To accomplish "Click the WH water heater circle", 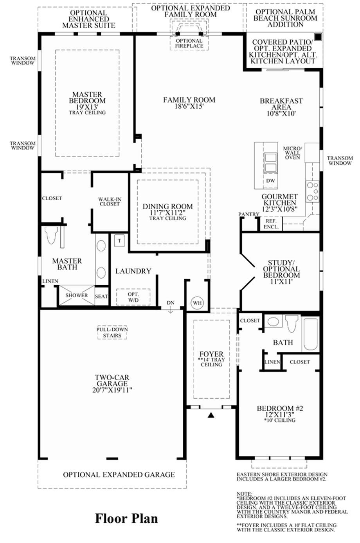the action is pyautogui.click(x=197, y=303).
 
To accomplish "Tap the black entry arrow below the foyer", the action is pyautogui.click(x=211, y=415).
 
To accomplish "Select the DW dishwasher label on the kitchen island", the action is pyautogui.click(x=270, y=180).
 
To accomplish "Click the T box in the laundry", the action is pyautogui.click(x=119, y=241).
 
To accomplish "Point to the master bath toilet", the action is pyautogui.click(x=51, y=235).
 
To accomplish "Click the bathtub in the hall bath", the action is pyautogui.click(x=311, y=334).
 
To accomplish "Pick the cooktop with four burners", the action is pyautogui.click(x=313, y=192).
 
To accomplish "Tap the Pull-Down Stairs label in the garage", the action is pyautogui.click(x=112, y=333).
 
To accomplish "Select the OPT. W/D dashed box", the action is pyautogui.click(x=133, y=297).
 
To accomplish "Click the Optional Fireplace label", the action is pyautogui.click(x=189, y=43).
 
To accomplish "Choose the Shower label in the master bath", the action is pyautogui.click(x=77, y=295).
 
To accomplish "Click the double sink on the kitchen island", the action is pyautogui.click(x=270, y=163).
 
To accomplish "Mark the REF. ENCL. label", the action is pyautogui.click(x=271, y=224).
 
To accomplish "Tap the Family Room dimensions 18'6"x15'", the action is pyautogui.click(x=189, y=106).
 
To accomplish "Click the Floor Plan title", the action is pyautogui.click(x=126, y=518).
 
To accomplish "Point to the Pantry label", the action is pyautogui.click(x=249, y=214).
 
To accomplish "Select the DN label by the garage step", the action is pyautogui.click(x=171, y=303).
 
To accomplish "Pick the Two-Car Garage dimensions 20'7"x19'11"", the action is pyautogui.click(x=112, y=390).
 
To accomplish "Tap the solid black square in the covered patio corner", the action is pyautogui.click(x=318, y=37).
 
